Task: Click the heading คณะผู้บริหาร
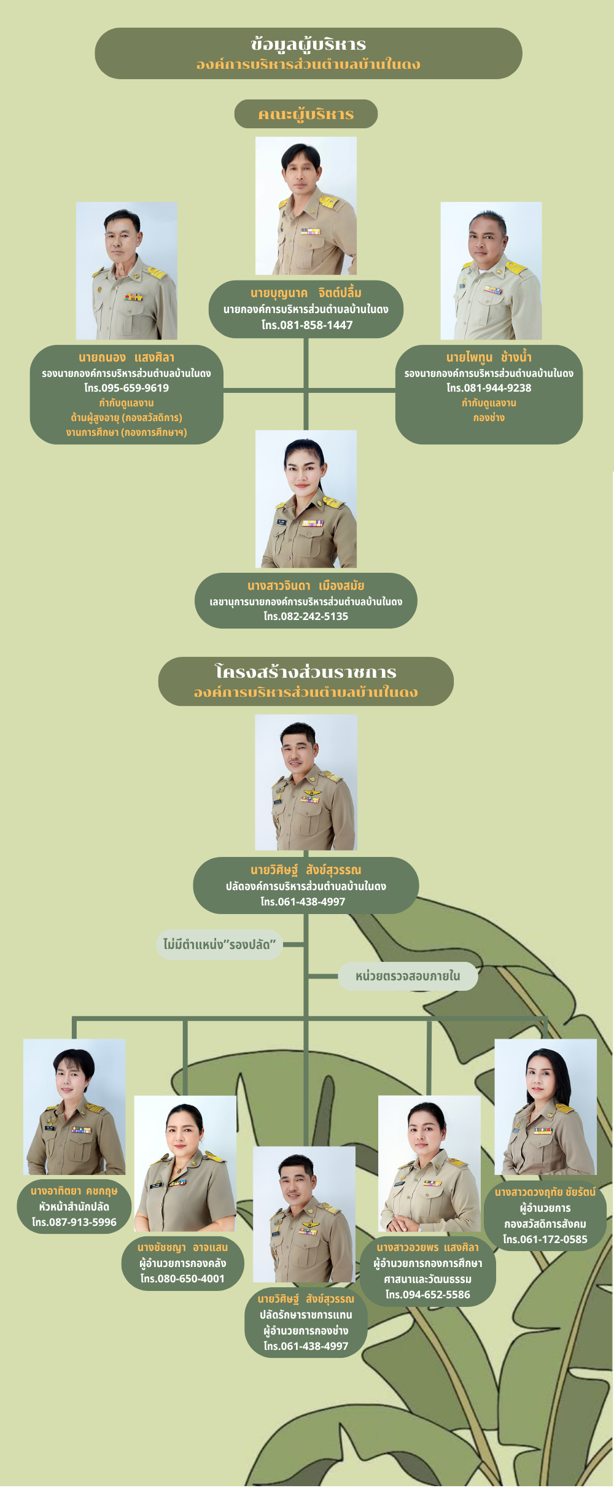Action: (x=306, y=114)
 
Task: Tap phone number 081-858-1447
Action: (x=307, y=325)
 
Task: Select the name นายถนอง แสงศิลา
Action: (x=126, y=357)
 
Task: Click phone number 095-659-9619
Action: (x=126, y=388)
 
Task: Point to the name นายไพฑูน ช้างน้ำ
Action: (x=489, y=357)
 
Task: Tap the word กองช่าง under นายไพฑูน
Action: (x=489, y=418)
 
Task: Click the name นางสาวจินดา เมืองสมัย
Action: (x=306, y=586)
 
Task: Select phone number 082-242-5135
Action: (x=306, y=616)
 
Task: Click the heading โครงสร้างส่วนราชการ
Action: (x=306, y=672)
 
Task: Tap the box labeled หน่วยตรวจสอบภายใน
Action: (x=408, y=976)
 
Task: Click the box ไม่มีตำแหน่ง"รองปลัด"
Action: (x=219, y=944)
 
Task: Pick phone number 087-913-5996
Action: (x=74, y=1222)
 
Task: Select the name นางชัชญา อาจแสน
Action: (x=182, y=1247)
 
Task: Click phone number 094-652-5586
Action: (x=428, y=1295)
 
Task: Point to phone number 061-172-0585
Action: (x=545, y=1239)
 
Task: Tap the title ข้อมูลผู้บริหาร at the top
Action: (x=308, y=44)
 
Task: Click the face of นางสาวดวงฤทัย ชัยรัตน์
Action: (x=544, y=1080)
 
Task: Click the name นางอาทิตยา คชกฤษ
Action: (x=74, y=1192)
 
